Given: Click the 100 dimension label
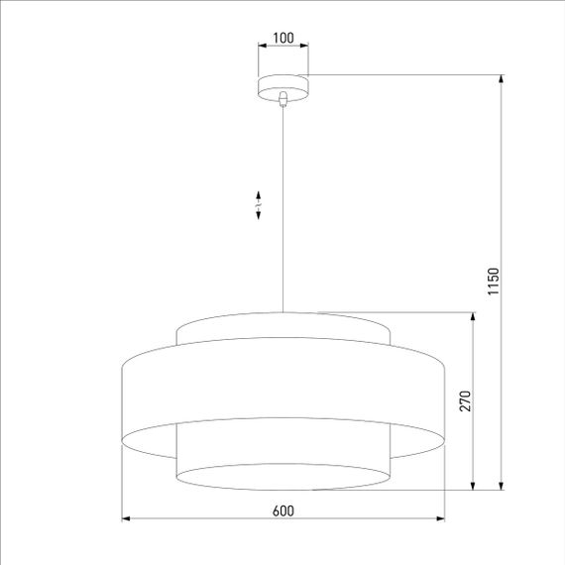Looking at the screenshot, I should [x=282, y=39].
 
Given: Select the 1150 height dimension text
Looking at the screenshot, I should [x=493, y=282].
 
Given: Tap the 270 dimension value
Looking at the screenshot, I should [x=464, y=400].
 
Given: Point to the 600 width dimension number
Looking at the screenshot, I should [x=282, y=510].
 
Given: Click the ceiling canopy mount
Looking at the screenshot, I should [x=282, y=86].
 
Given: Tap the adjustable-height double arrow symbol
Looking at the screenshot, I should [x=259, y=204].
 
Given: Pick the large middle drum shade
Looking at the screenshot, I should [x=282, y=392].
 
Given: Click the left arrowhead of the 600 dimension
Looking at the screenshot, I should [x=125, y=518].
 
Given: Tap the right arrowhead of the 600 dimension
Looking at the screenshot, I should [x=440, y=518].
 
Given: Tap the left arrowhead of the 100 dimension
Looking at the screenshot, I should [x=261, y=46].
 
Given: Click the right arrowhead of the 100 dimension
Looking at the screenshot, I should [x=304, y=46].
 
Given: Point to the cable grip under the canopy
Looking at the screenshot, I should [x=283, y=98].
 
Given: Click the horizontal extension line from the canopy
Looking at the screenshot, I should [x=396, y=74].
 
